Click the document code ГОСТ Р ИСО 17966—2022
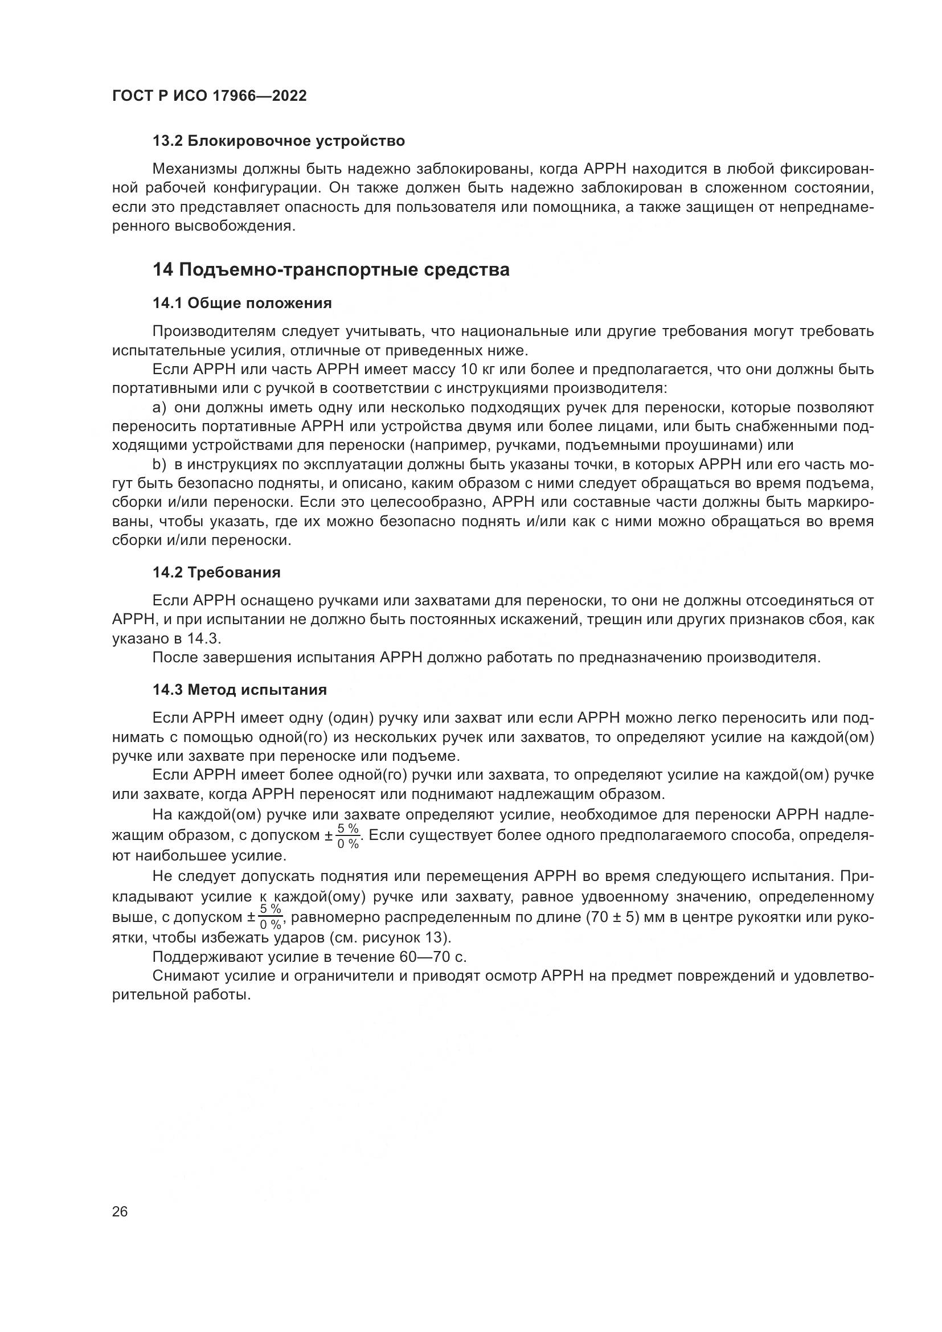coord(210,96)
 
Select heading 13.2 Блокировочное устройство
coord(278,141)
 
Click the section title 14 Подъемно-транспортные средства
coord(331,270)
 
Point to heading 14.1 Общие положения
coord(242,304)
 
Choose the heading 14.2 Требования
coord(216,572)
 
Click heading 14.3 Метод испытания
coord(240,690)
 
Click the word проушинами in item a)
coord(711,445)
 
